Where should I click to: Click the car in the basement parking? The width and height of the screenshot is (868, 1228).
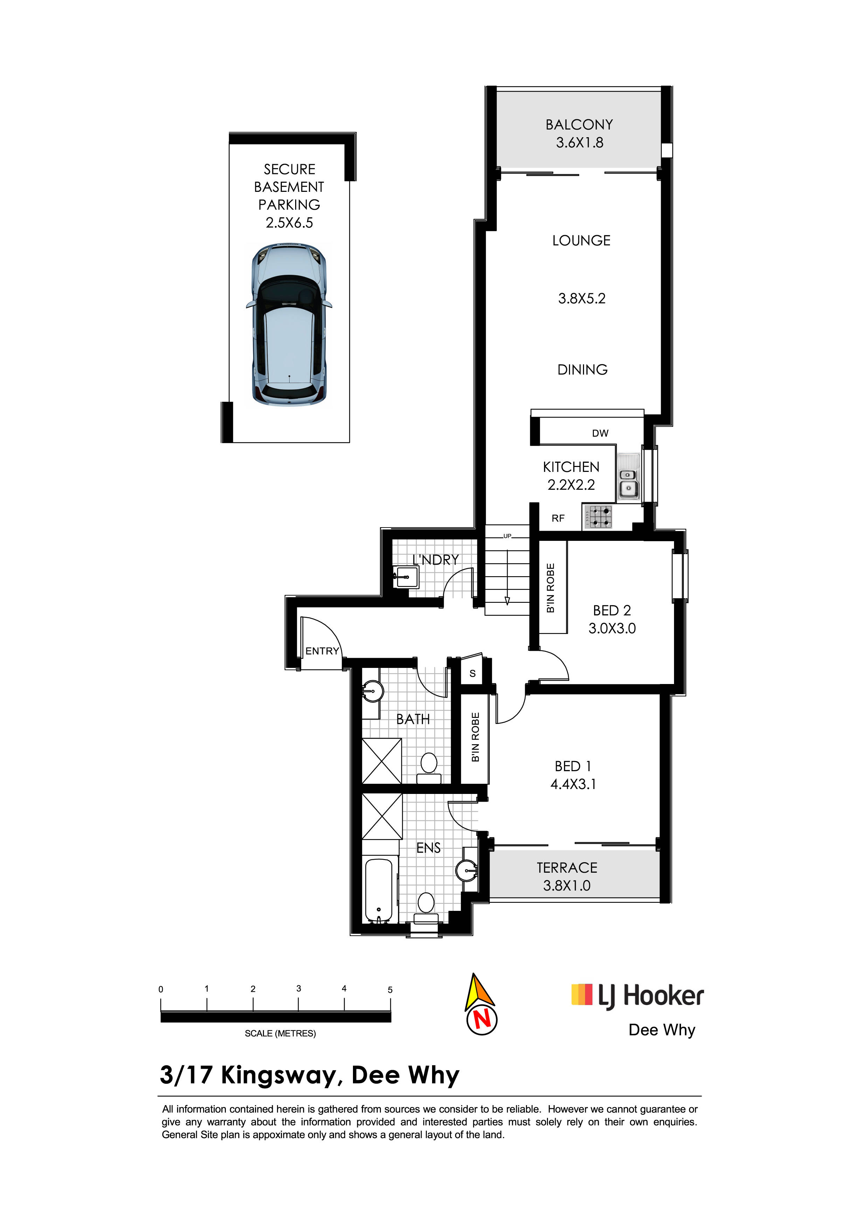click(x=289, y=325)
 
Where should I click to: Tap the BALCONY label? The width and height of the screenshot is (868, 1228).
click(x=579, y=125)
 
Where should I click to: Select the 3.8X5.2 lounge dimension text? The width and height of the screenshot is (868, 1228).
click(x=582, y=299)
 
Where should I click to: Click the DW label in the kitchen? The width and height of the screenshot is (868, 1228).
click(x=600, y=433)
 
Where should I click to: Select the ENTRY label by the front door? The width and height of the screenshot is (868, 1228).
click(x=322, y=651)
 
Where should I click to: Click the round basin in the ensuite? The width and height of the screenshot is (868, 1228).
click(x=466, y=870)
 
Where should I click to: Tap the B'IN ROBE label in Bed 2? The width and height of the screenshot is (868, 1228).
click(x=550, y=588)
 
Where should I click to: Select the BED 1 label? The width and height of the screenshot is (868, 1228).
click(x=573, y=766)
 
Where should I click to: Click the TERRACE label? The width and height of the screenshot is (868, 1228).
click(x=567, y=867)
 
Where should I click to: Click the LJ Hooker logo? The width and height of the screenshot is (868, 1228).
click(x=638, y=996)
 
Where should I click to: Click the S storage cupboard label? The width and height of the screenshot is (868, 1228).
click(x=472, y=674)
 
